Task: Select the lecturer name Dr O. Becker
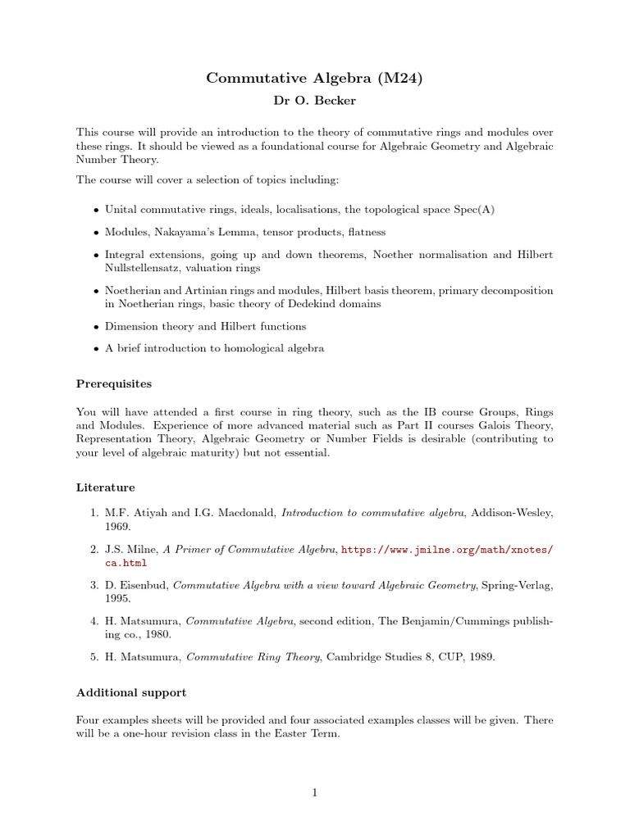click(x=315, y=101)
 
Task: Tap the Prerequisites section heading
click(x=114, y=383)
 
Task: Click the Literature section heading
click(x=106, y=488)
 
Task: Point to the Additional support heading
click(x=131, y=692)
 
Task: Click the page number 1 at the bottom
click(x=314, y=792)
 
